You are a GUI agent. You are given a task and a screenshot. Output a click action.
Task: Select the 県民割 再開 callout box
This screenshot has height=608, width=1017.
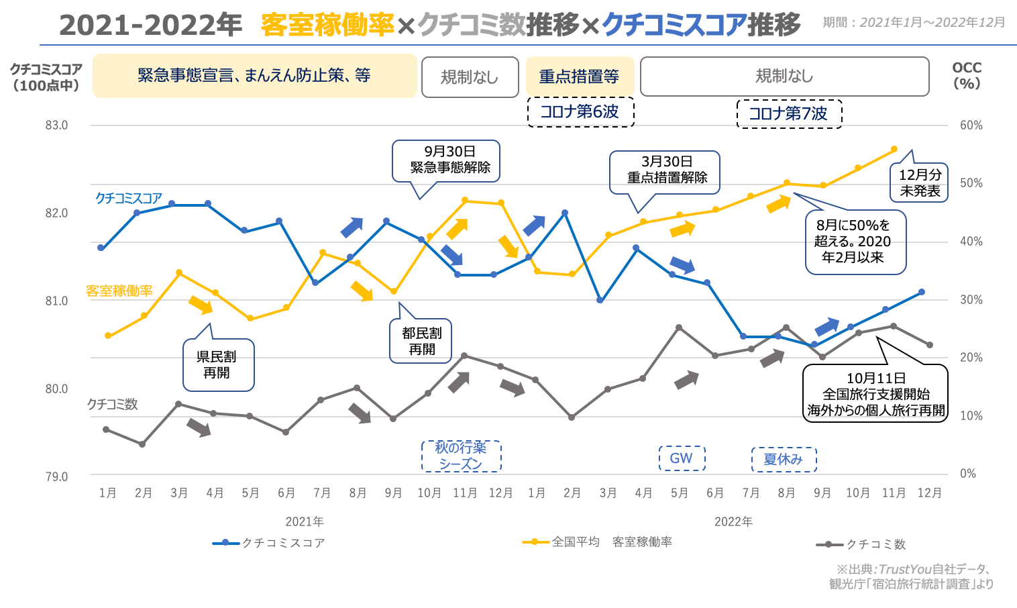tap(217, 365)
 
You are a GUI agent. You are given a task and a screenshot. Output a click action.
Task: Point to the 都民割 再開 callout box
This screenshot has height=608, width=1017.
tap(421, 341)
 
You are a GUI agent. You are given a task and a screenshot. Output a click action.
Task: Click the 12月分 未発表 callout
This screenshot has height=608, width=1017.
tap(920, 183)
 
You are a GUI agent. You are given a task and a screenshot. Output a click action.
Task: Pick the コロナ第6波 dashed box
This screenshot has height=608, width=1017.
tap(580, 112)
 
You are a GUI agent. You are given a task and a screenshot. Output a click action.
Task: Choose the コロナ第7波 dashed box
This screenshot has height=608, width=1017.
tap(788, 113)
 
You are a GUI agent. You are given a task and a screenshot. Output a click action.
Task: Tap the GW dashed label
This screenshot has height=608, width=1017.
tap(681, 458)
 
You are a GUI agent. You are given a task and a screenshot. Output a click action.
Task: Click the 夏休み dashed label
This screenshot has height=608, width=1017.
tap(783, 460)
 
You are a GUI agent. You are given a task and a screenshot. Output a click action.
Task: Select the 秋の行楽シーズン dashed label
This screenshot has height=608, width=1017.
tap(461, 456)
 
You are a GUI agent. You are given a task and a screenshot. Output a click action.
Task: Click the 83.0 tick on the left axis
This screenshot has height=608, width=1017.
tap(57, 125)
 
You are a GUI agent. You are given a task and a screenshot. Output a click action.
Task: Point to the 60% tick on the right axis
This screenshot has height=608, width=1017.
tap(971, 125)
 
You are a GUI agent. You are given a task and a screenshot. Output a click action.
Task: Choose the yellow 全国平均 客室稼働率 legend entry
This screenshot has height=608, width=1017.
tap(598, 542)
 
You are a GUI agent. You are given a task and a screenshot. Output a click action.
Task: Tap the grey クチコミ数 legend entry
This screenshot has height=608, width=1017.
tap(861, 544)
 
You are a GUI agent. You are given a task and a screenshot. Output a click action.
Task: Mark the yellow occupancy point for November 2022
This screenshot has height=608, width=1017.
tap(894, 149)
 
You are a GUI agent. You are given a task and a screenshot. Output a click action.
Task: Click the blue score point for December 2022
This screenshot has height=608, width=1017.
tap(922, 292)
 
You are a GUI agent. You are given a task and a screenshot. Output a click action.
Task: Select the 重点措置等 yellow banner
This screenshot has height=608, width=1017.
tap(580, 77)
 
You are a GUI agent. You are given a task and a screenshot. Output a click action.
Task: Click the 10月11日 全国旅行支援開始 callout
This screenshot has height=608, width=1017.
tap(875, 394)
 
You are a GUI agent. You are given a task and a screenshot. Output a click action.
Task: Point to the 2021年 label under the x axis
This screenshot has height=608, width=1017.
tap(305, 521)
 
